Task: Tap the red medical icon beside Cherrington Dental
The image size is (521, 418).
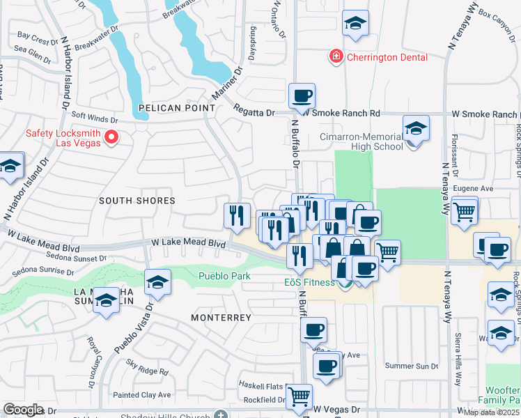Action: coord(336,56)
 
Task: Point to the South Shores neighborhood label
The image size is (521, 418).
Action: coord(137,201)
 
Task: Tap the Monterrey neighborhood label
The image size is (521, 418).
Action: coord(221,317)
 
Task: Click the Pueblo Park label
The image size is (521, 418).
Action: coord(224,277)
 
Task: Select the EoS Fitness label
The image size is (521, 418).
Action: coord(310,282)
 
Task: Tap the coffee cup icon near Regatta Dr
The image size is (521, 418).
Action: coord(302,95)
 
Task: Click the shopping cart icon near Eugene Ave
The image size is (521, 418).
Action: coord(464,210)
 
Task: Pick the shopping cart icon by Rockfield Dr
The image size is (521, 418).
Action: coord(299,396)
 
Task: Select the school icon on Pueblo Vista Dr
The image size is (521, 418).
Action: coord(158,282)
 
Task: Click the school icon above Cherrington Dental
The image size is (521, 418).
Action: coord(355,23)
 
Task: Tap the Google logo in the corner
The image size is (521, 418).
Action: coord(23,410)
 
